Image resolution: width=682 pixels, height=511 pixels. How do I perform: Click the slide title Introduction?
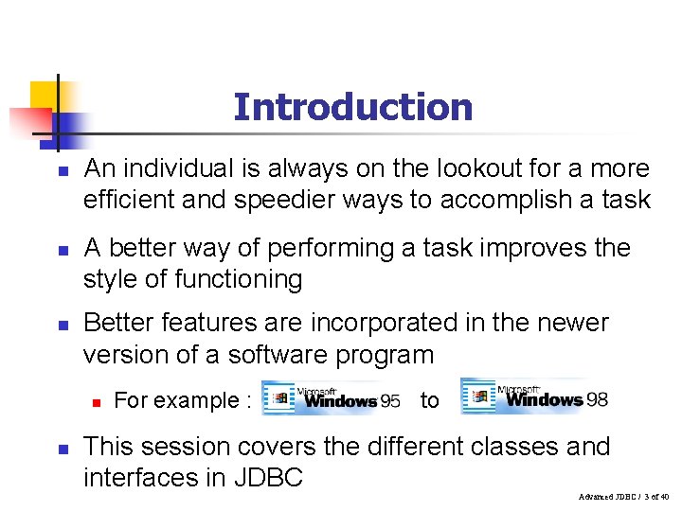(352, 107)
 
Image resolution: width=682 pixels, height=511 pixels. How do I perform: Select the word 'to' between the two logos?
(429, 400)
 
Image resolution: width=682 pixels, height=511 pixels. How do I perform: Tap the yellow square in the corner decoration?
(44, 96)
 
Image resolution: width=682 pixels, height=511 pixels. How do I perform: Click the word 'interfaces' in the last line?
(141, 478)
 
